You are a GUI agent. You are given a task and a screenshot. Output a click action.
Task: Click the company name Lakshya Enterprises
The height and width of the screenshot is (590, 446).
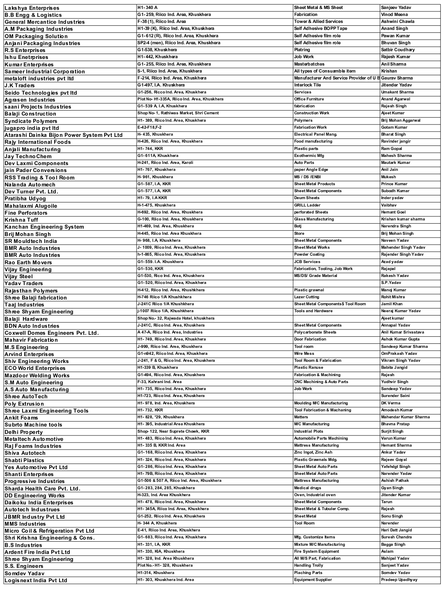(32, 8)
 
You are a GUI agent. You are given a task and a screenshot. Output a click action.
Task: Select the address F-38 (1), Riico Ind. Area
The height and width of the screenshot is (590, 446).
(162, 21)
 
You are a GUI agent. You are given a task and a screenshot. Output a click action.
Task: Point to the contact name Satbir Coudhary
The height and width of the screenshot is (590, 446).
(398, 50)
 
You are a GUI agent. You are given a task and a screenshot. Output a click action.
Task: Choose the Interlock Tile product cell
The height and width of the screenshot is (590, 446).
(307, 85)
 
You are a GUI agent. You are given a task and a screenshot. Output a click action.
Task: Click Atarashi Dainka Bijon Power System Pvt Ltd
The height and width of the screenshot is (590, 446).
(64, 135)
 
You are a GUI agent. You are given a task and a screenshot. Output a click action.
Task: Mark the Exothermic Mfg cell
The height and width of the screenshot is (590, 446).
(309, 156)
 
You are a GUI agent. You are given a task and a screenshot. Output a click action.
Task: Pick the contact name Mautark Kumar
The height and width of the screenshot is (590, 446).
(396, 163)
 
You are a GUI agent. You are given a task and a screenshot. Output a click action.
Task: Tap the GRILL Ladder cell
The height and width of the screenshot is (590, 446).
(307, 205)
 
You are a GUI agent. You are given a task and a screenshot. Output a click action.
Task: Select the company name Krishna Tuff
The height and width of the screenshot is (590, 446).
(21, 220)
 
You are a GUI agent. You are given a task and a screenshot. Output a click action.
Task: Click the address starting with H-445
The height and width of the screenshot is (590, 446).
(169, 234)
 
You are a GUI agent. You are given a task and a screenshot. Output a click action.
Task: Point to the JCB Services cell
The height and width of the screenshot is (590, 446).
(307, 262)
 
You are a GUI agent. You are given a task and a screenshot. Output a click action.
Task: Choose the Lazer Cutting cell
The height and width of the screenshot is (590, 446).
(306, 297)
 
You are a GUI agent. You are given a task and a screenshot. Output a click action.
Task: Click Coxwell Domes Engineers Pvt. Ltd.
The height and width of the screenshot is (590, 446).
(52, 333)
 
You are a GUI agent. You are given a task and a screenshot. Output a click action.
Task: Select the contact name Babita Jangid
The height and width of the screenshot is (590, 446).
(394, 368)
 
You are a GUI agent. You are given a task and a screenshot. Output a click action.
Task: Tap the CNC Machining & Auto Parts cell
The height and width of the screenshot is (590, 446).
(321, 382)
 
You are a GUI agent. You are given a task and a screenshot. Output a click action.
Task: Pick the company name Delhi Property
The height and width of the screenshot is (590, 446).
(24, 432)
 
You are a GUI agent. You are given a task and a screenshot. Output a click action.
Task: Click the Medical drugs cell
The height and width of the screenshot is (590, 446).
(308, 488)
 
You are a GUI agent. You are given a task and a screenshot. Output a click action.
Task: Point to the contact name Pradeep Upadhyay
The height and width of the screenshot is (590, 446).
(399, 580)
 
